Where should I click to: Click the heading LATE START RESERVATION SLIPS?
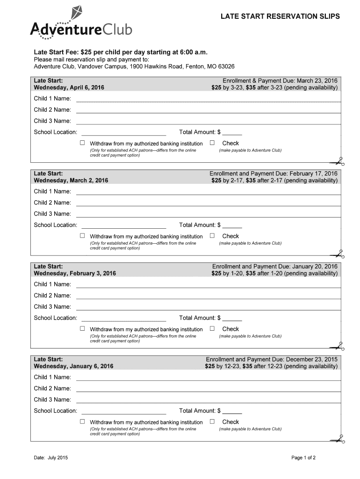280,16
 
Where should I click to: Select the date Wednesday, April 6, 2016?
69,87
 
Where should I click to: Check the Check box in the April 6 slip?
212,143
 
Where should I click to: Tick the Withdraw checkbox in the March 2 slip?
83,236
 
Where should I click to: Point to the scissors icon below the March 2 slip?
337,254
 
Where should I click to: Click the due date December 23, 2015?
311,359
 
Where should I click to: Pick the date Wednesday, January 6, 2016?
73,366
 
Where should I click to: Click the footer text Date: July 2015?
50,457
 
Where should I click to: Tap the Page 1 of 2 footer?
303,457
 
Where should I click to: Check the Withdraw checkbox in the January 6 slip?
83,421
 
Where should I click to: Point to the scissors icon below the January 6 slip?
337,440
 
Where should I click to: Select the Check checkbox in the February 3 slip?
212,328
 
